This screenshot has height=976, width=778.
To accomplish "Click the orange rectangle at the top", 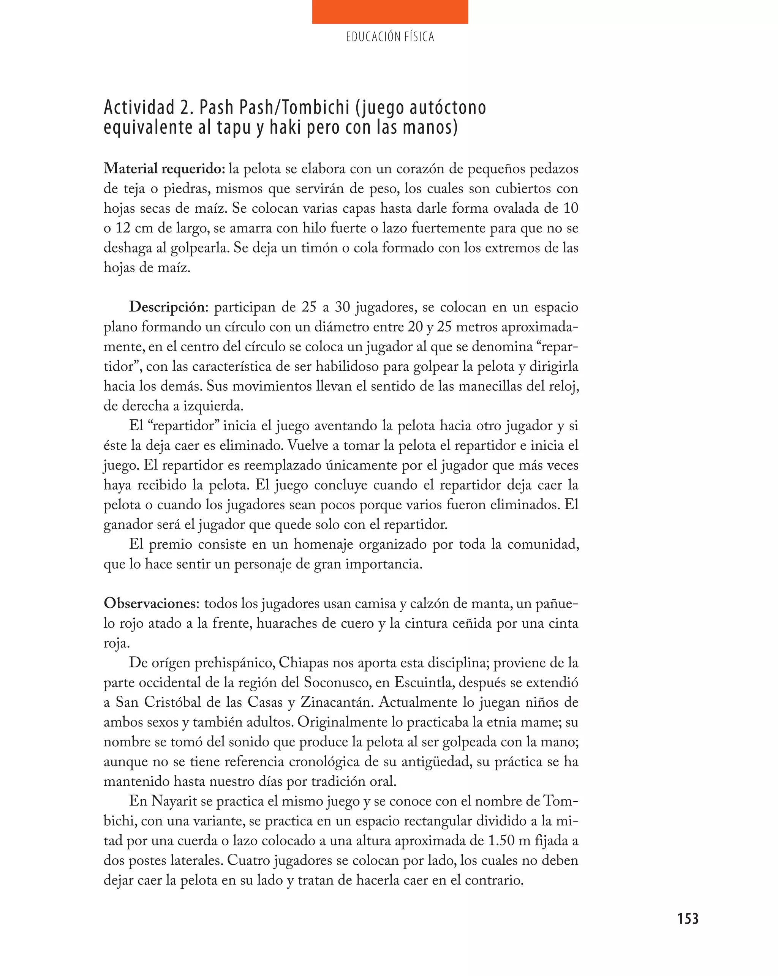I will [389, 12].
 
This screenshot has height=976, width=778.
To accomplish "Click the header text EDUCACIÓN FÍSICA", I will [389, 37].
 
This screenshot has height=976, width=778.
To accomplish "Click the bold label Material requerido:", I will [164, 169].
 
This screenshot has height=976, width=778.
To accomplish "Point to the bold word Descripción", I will [167, 307].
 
